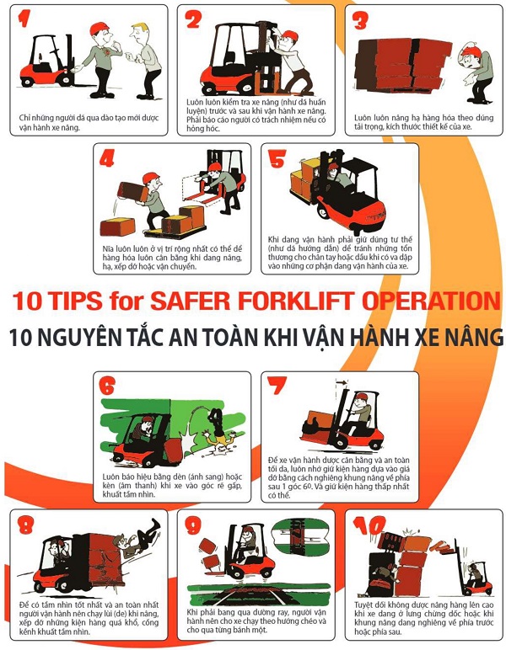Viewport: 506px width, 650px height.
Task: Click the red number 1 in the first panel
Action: (24, 19)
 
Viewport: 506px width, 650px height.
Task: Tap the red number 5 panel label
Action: (277, 158)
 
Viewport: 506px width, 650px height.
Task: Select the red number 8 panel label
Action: (26, 526)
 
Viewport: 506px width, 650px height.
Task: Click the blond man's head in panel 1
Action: (140, 34)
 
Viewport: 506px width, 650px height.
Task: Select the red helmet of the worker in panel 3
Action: (471, 51)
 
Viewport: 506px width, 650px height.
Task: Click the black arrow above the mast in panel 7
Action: (342, 382)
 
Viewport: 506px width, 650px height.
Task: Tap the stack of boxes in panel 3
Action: (401, 65)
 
